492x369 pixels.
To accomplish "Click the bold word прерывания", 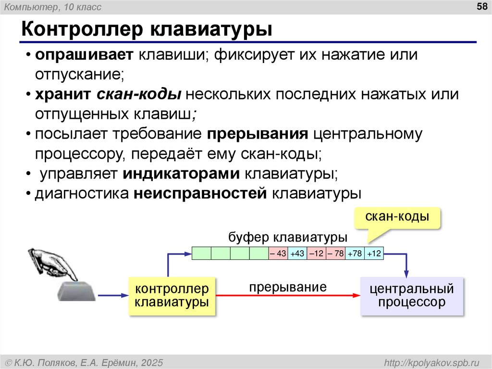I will point(258,134).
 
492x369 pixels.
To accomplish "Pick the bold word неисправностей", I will point(201,193).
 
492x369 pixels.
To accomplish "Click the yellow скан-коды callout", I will point(397,217).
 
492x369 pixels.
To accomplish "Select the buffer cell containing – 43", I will point(278,254).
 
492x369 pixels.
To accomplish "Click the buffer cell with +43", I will point(297,254).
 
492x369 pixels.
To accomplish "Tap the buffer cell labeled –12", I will point(316,254).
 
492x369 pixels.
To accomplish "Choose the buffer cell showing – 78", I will point(335,254).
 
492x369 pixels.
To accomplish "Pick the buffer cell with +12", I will point(374,254).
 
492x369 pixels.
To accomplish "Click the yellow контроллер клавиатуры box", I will point(172,296).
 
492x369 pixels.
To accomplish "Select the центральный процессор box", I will point(411,296).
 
